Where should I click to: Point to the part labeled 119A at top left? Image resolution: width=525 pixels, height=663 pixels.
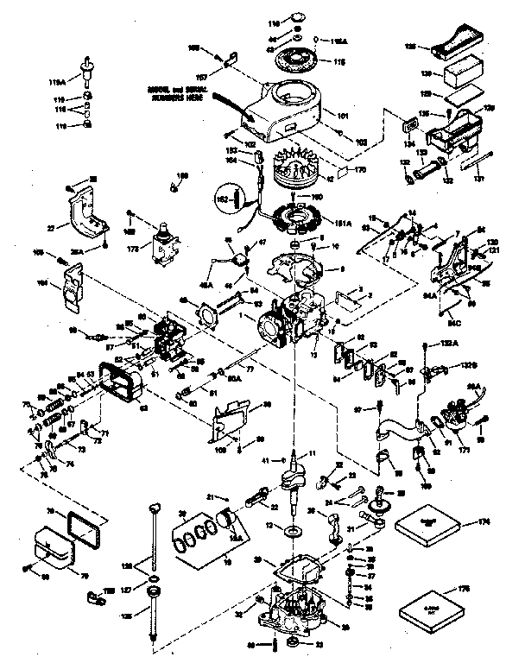(x=86, y=66)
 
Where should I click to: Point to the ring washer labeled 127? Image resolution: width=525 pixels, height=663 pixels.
(x=152, y=577)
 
